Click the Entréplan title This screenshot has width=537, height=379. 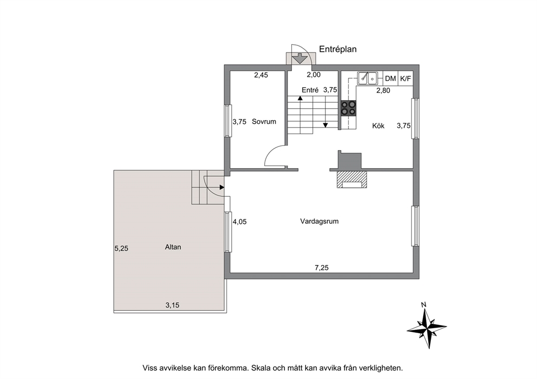(x=338, y=49)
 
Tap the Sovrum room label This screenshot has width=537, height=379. (x=264, y=122)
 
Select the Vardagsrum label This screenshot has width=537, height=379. (x=319, y=221)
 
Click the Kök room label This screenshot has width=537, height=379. (x=378, y=126)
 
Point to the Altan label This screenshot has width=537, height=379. (x=173, y=247)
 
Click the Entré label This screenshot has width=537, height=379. (x=310, y=90)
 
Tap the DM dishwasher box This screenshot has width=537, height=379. (x=390, y=79)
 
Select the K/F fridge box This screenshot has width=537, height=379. (x=405, y=79)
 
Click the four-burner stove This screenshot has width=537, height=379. (x=348, y=108)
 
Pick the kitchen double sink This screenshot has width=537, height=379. (x=368, y=78)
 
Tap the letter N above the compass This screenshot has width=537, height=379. (x=424, y=305)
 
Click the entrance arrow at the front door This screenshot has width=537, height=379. (x=300, y=58)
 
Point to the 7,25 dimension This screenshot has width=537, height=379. (x=322, y=268)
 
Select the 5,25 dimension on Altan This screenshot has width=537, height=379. (x=121, y=249)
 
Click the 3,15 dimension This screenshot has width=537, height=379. (x=172, y=305)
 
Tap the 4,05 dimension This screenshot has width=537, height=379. (x=240, y=222)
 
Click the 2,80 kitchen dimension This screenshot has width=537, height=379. (x=383, y=91)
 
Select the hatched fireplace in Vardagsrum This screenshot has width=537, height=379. (x=352, y=179)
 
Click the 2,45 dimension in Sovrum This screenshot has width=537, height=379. (x=261, y=75)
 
